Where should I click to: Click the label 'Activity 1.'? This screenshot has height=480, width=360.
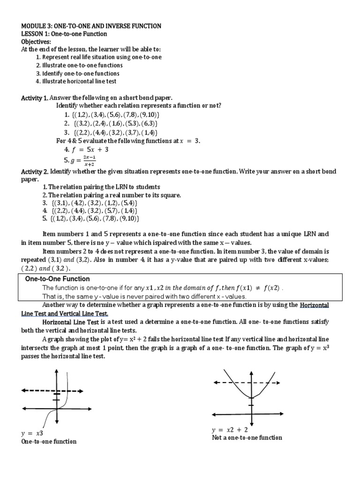(x=34, y=98)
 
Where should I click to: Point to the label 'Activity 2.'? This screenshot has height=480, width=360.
(x=34, y=172)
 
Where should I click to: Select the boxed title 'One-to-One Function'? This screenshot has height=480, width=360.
(x=57, y=279)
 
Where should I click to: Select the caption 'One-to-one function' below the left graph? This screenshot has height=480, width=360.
(x=49, y=442)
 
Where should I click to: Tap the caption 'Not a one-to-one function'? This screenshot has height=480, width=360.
(x=247, y=437)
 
